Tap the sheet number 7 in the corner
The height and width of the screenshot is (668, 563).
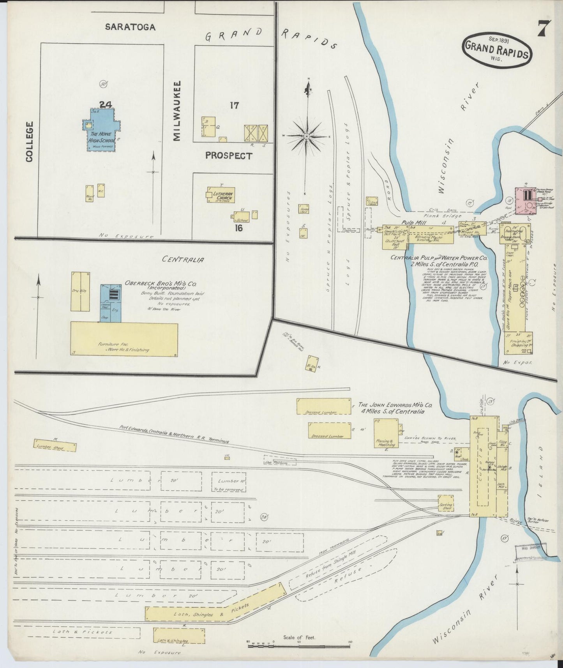tap(544, 28)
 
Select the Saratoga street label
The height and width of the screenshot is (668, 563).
tap(130, 27)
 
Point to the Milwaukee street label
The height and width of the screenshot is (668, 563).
tap(177, 111)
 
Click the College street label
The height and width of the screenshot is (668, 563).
tap(30, 141)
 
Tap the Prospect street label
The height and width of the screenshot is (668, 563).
tap(229, 156)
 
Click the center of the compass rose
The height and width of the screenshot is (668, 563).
tap(307, 136)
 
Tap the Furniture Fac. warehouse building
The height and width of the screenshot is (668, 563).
tap(124, 339)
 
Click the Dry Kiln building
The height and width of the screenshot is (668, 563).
tap(80, 292)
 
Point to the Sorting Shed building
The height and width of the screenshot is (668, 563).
tap(446, 503)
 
